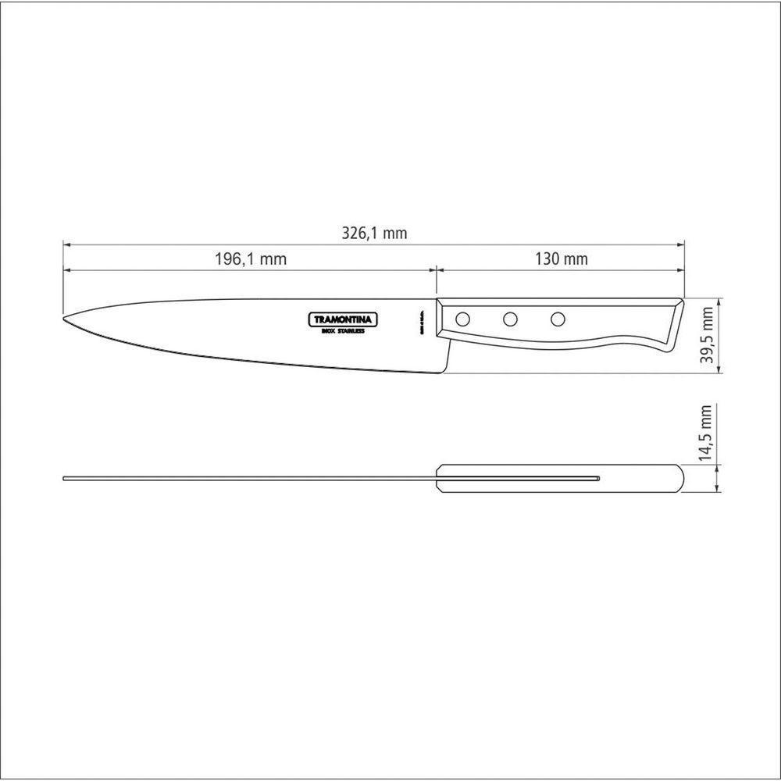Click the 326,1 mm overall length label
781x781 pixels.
tap(375, 234)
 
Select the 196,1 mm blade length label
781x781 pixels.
tap(251, 259)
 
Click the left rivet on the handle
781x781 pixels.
tap(462, 319)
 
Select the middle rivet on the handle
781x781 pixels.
tap(510, 319)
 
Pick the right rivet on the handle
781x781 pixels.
tap(558, 319)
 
